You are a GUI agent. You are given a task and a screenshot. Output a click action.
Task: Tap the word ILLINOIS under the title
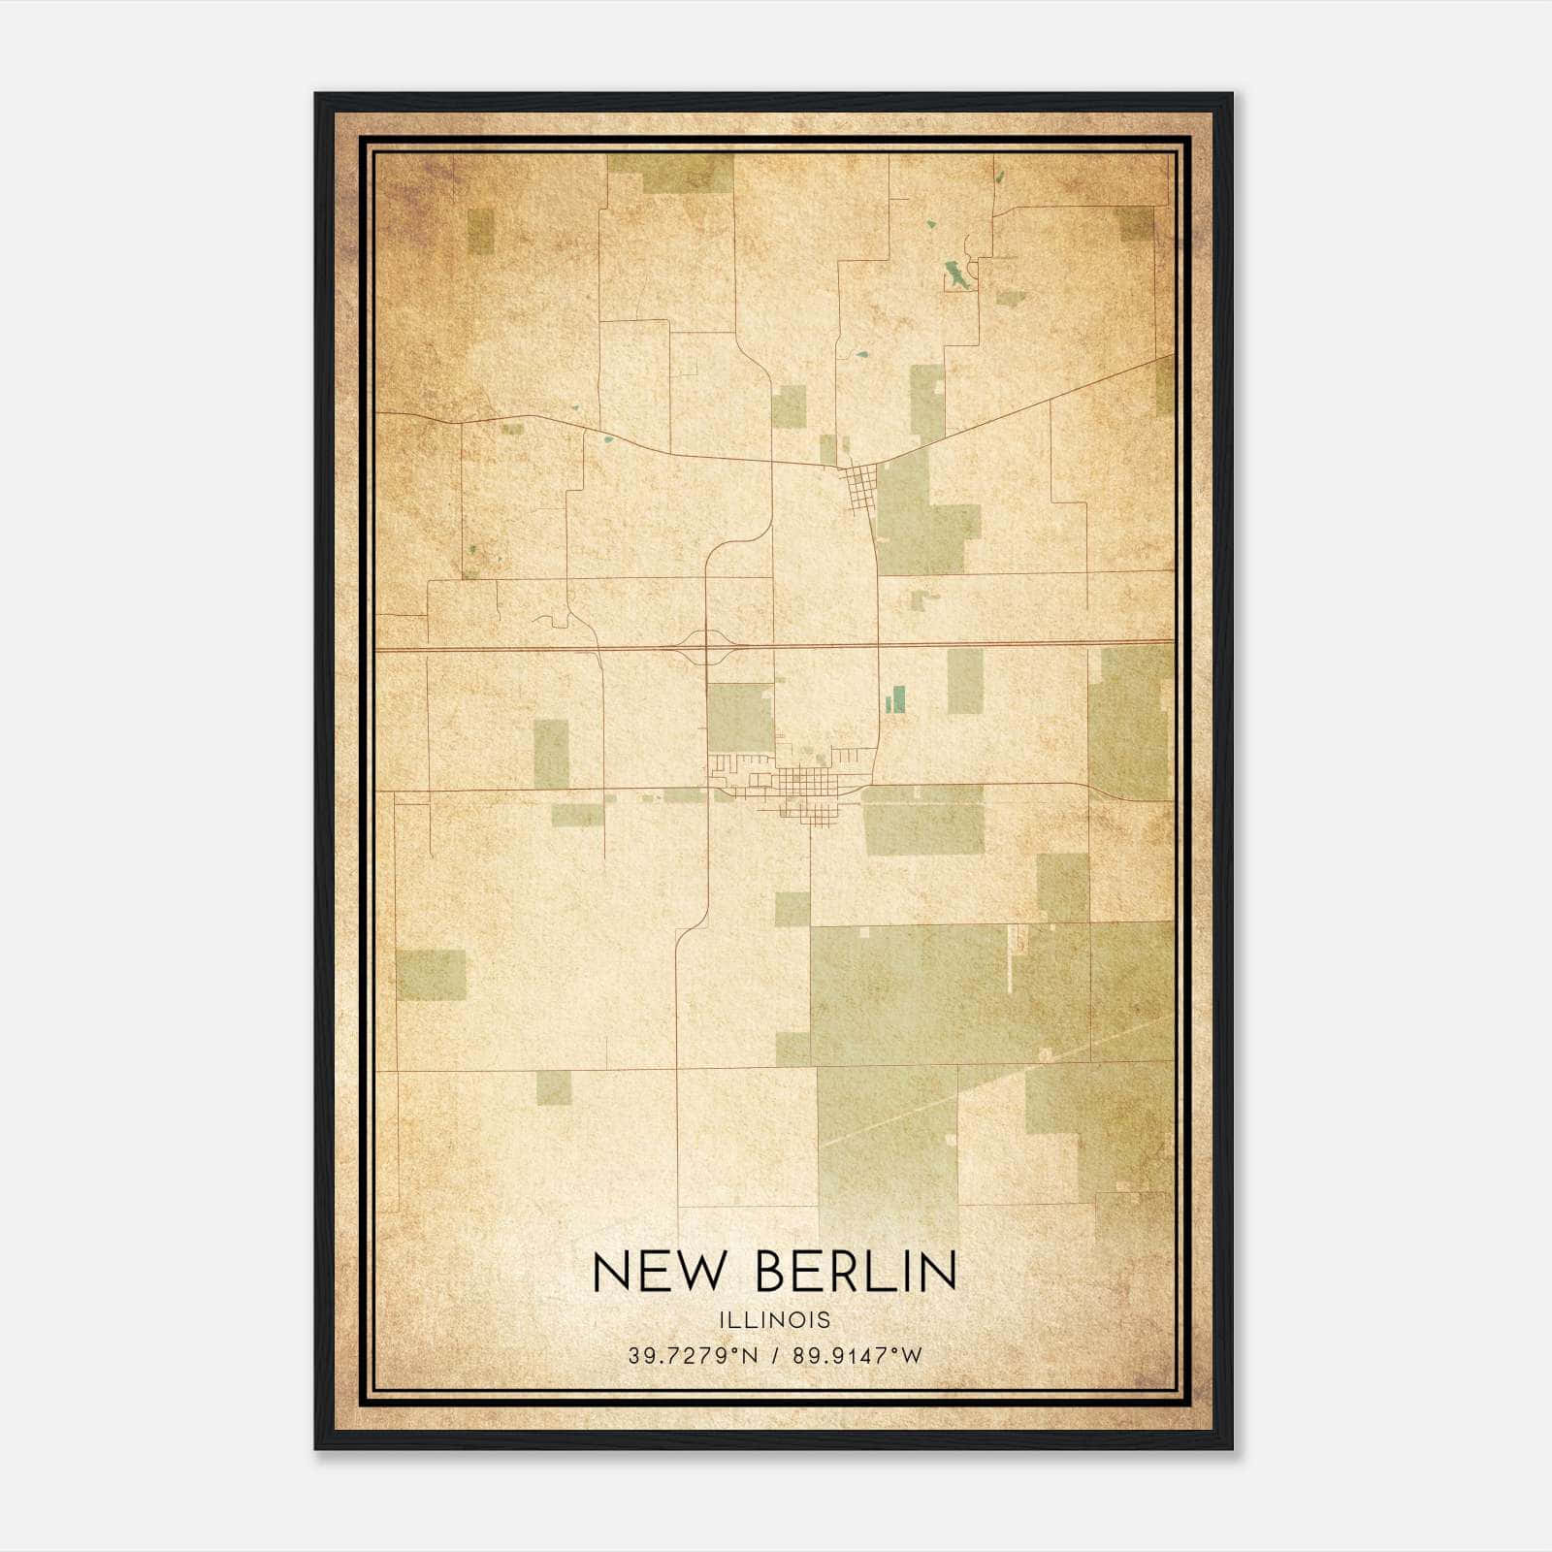[775, 1320]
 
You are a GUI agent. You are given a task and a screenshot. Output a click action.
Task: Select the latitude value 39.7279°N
[693, 1356]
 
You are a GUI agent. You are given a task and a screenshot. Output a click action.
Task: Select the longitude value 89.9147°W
[857, 1356]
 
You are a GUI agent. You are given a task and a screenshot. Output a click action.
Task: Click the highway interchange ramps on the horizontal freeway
[706, 646]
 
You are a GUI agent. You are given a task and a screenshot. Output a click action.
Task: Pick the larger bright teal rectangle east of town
[898, 698]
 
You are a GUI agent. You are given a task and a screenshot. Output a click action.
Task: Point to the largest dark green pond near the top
[956, 275]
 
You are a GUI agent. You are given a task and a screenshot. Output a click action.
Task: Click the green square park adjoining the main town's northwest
[739, 718]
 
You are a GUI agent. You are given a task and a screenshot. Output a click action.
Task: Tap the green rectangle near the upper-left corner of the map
[480, 231]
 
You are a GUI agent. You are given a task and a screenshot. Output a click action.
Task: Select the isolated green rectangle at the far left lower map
[431, 974]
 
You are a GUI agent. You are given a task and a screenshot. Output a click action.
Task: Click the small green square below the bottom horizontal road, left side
[554, 1087]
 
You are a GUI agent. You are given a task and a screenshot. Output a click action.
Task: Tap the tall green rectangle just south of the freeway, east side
[964, 681]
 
